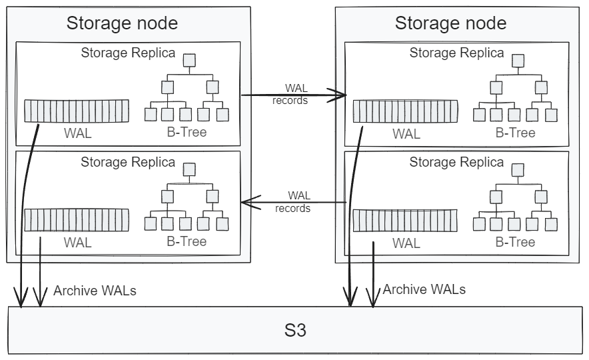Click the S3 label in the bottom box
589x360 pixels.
tap(294, 330)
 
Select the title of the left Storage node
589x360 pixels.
tap(122, 23)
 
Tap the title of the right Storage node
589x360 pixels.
tap(450, 23)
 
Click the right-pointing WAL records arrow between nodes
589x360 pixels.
tap(293, 95)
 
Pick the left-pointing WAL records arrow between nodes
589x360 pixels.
tap(293, 202)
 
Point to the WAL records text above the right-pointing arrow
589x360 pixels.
tap(291, 94)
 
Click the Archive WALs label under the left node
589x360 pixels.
tap(95, 290)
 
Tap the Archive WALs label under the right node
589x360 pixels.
tap(424, 289)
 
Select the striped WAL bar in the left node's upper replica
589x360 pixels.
tap(77, 111)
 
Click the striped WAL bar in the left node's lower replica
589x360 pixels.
tap(77, 219)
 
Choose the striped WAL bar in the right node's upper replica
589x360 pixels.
tap(406, 111)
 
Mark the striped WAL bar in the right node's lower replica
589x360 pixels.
tap(406, 220)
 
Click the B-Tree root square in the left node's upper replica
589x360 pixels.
tap(190, 60)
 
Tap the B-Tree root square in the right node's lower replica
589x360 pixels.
tap(518, 170)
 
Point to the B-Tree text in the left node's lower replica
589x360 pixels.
tap(187, 241)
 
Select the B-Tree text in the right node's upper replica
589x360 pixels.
tap(515, 133)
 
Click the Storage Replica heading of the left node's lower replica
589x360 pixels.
tap(128, 162)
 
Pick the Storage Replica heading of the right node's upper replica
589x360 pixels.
tap(456, 53)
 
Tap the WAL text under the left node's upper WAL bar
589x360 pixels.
tap(78, 133)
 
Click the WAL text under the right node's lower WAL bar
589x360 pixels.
tap(406, 243)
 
